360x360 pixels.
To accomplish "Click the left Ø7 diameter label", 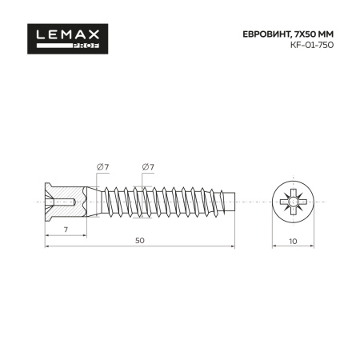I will (x=102, y=166).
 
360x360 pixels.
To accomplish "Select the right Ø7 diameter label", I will (x=147, y=166).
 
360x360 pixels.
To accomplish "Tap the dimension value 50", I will (x=140, y=240).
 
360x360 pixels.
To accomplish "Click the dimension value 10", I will (x=293, y=240).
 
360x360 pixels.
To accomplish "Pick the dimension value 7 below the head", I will (x=64, y=230).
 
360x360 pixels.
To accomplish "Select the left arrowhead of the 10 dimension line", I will (x=274, y=246).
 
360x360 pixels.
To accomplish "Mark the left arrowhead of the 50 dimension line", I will (x=46, y=246).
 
